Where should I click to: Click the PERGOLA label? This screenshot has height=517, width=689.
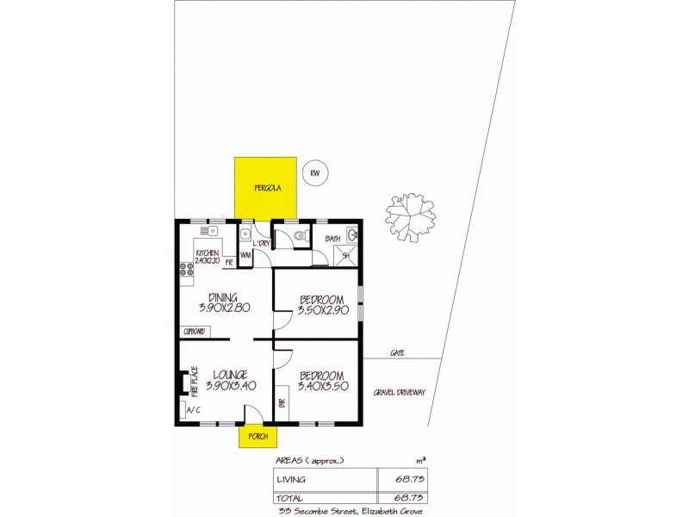click(264, 188)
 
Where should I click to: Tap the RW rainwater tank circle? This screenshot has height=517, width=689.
click(314, 173)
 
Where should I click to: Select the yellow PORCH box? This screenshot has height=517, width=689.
click(257, 436)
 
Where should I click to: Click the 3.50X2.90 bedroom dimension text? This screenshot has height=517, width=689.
click(323, 310)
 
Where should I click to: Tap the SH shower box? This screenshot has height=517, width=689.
click(347, 254)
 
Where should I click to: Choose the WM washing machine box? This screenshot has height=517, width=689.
click(245, 255)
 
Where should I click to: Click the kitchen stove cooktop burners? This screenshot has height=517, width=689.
click(186, 271)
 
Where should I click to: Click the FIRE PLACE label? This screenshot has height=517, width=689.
click(195, 381)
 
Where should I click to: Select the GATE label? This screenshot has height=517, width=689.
click(398, 353)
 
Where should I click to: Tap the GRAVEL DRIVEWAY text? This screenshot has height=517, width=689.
click(400, 393)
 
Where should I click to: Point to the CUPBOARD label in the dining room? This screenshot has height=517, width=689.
click(195, 331)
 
